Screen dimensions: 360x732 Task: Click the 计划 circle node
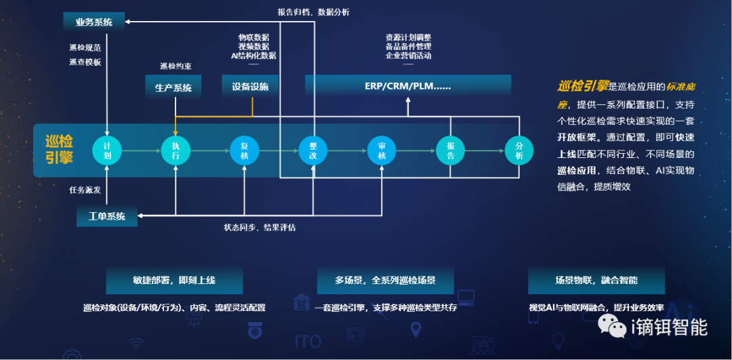tap(106, 150)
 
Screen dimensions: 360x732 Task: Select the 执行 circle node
tap(176, 150)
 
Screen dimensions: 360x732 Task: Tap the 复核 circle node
tap(244, 150)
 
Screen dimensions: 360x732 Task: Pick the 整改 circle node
tap(313, 150)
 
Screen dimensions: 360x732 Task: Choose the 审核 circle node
tap(382, 150)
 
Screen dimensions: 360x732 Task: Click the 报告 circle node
tap(450, 150)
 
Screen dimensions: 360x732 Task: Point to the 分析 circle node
tap(519, 150)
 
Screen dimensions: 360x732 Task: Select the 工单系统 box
tap(107, 217)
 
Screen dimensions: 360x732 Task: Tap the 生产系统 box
tap(174, 87)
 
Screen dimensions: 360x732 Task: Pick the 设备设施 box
tap(250, 86)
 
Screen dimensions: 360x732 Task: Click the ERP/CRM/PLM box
tap(408, 86)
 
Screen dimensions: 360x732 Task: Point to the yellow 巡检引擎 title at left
tap(59, 149)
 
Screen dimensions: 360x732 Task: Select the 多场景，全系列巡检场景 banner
tap(385, 280)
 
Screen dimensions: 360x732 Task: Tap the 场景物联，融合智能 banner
tap(596, 280)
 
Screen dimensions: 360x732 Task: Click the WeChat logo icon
tap(617, 329)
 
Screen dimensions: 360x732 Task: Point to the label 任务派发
tap(85, 190)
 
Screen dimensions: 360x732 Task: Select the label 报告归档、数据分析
tap(314, 12)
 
